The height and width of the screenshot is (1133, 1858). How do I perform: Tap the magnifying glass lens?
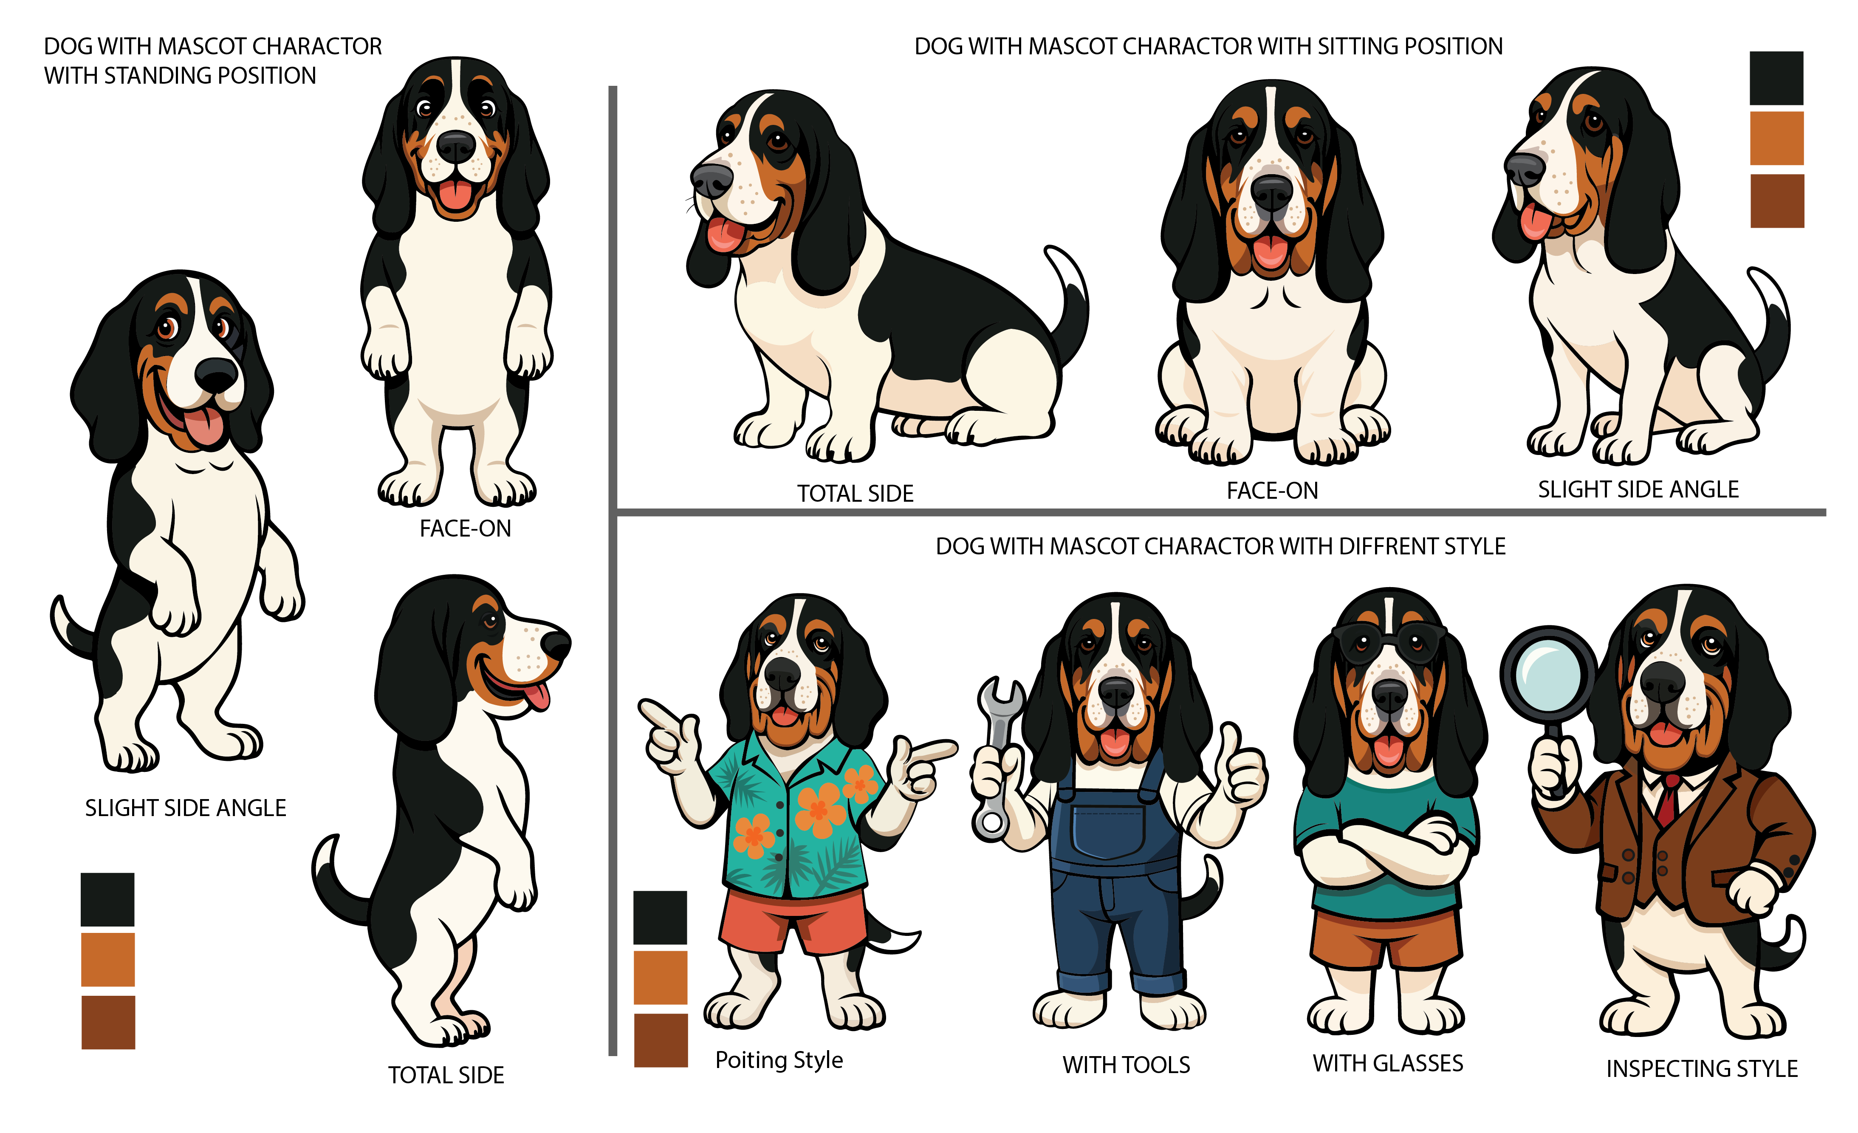[x=1547, y=674]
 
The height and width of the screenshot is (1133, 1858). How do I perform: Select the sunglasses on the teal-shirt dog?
[x=1389, y=640]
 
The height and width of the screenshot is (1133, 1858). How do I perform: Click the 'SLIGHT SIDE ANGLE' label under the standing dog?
[x=186, y=808]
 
